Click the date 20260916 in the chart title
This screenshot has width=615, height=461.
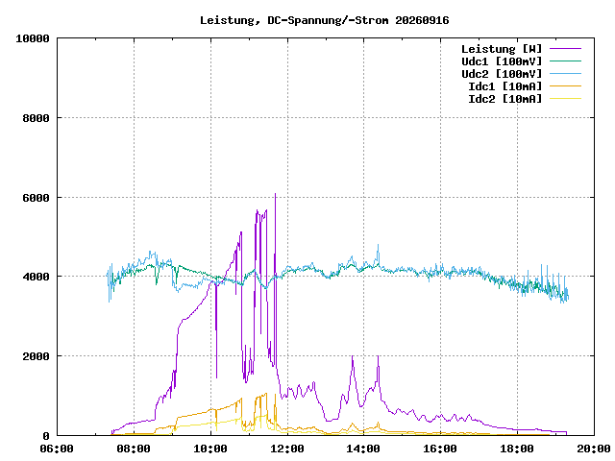tap(422, 20)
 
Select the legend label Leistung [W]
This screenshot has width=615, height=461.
tap(502, 49)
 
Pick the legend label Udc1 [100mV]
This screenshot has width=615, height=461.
tap(502, 61)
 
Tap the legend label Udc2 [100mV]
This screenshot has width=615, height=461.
tap(502, 74)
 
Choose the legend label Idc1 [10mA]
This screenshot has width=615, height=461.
tap(504, 86)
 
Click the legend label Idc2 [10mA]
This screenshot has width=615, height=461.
tap(504, 99)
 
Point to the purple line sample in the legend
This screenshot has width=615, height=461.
tap(565, 49)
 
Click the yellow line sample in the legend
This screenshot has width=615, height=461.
tap(565, 98)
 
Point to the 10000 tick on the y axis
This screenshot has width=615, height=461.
tap(33, 38)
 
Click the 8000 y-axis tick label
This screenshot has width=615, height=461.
tap(37, 118)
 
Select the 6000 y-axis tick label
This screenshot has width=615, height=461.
tap(37, 198)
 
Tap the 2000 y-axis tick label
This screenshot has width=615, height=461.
tap(37, 356)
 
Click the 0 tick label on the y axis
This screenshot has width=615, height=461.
tap(46, 436)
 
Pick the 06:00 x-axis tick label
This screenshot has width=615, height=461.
tap(57, 449)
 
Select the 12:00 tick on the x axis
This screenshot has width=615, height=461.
tap(287, 449)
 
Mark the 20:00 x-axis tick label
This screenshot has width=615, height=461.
tap(594, 449)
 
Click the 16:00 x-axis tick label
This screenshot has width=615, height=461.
tap(440, 449)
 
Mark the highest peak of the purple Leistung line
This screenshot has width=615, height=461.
tap(276, 194)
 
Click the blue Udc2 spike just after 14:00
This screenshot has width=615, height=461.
tap(378, 245)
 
